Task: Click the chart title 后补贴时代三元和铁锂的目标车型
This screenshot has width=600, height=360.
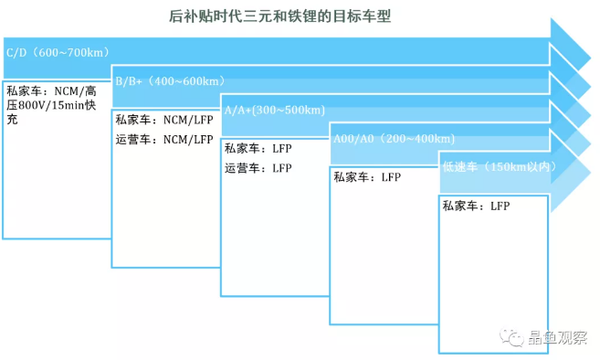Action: click(279, 16)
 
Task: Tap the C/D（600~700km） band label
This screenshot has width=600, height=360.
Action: click(58, 52)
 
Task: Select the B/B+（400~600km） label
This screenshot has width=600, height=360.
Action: click(170, 80)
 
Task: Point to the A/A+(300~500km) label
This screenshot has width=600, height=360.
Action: click(275, 110)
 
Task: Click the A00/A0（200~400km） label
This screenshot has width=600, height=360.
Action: click(395, 138)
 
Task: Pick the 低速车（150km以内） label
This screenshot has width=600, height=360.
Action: click(500, 167)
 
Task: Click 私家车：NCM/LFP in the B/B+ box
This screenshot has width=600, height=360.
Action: click(164, 120)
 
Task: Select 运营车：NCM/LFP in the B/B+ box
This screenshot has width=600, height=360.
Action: click(164, 140)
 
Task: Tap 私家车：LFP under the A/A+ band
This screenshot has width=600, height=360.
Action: click(258, 148)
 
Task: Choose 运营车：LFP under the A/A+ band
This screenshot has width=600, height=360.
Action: click(258, 168)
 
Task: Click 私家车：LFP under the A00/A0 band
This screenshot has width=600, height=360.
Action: click(367, 177)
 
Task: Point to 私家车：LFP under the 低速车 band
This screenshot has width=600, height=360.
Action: click(476, 206)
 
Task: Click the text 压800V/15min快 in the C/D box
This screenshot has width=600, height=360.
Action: click(51, 105)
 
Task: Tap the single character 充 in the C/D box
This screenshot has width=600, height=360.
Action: click(12, 120)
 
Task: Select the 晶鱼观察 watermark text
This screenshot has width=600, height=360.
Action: click(557, 337)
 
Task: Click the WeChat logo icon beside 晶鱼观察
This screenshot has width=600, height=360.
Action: click(511, 337)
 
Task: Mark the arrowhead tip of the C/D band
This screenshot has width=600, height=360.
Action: click(591, 58)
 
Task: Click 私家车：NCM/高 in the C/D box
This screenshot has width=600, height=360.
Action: click(51, 91)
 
